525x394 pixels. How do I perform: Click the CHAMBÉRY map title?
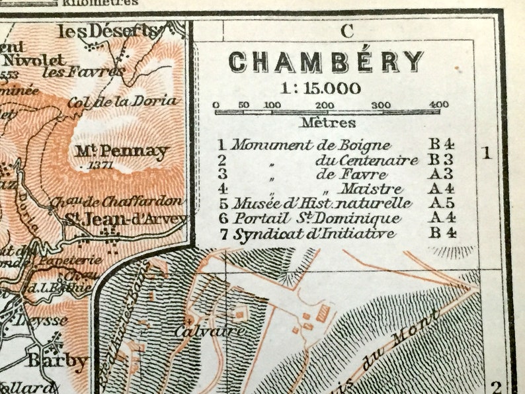point(326,62)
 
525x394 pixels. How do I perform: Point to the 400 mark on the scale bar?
point(438,104)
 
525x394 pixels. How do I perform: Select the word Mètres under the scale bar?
point(328,122)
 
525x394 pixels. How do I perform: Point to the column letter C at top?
point(347,30)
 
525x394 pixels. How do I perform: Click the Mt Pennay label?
point(122,151)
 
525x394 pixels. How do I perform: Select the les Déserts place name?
point(109,31)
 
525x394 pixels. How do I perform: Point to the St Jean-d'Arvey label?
point(126,219)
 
